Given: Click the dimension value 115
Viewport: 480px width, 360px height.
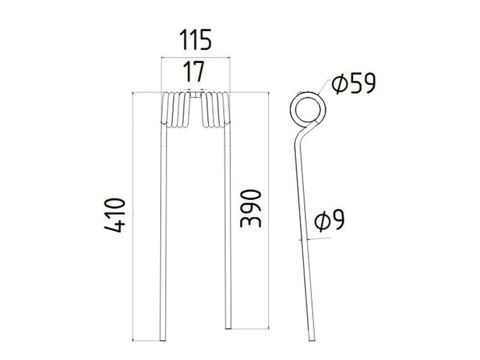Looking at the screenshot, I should point(196,41).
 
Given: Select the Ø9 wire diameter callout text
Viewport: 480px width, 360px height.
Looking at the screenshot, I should point(329,221).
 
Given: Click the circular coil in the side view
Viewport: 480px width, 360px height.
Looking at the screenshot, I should point(307,109).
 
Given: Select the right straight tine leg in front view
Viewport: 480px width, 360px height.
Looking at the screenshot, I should point(228,228).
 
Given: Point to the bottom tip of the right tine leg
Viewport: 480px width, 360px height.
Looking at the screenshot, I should point(228,326).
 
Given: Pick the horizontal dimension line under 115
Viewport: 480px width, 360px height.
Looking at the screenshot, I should point(196,56).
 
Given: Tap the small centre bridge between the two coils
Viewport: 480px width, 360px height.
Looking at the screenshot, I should point(196,93).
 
